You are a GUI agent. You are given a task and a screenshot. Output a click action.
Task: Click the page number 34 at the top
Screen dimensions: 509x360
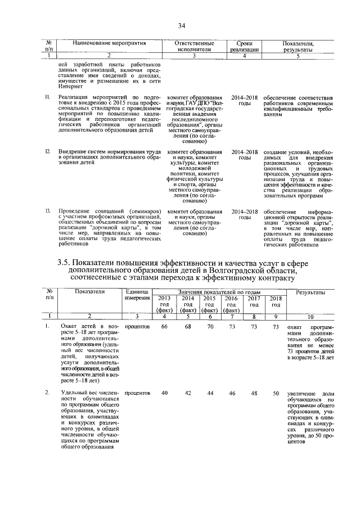point(182,25)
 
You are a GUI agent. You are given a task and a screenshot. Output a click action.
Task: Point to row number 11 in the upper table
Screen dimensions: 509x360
point(48,98)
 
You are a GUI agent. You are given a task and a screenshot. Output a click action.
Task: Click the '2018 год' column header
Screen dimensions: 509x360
point(275,301)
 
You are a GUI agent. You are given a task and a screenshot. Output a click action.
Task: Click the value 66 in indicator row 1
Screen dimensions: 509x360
point(164,326)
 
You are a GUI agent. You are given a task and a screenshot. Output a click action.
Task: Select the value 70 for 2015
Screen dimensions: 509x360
point(210,326)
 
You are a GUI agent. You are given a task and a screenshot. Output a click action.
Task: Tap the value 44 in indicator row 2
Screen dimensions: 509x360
point(210,392)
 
